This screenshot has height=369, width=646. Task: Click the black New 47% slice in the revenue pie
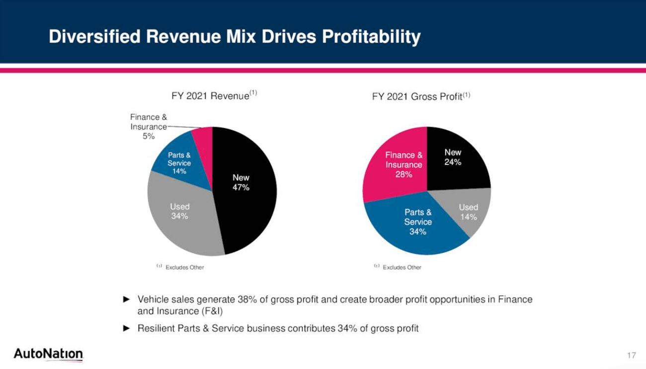[243, 199]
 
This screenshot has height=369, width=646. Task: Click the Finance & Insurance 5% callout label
[149, 127]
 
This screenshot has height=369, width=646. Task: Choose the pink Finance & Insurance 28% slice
[398, 164]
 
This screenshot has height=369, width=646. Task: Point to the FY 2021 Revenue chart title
[214, 96]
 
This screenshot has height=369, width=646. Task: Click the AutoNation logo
[48, 354]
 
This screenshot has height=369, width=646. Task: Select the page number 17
[632, 355]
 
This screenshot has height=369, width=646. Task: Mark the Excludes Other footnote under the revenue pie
[184, 267]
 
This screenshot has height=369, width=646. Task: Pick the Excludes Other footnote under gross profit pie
[402, 267]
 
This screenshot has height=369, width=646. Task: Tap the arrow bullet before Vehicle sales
[127, 299]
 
